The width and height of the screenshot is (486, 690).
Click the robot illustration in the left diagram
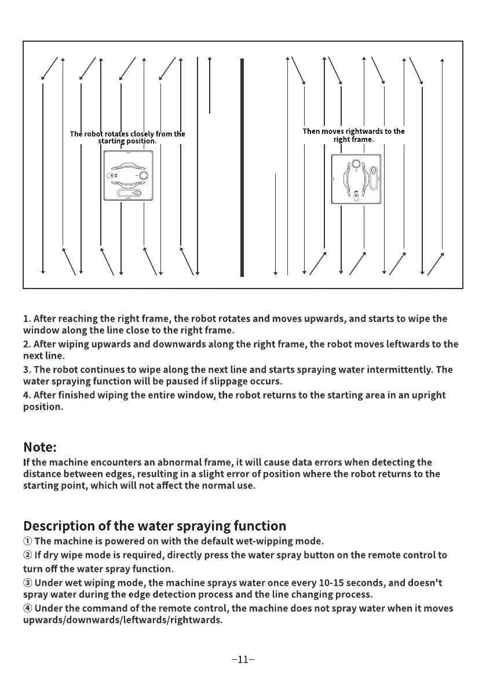[128, 176]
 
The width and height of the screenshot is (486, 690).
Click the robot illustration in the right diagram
[356, 178]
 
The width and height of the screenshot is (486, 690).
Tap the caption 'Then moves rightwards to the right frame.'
[353, 135]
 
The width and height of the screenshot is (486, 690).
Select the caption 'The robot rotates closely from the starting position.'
[127, 137]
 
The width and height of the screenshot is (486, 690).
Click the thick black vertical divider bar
[242, 167]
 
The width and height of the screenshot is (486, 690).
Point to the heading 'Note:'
[40, 447]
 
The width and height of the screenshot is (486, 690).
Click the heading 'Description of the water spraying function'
[155, 526]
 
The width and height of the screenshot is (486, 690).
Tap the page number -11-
[243, 659]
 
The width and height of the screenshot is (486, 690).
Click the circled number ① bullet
[28, 542]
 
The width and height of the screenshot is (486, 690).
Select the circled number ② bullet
[28, 555]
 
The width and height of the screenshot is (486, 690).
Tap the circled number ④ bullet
[28, 608]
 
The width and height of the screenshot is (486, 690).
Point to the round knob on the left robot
[143, 176]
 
